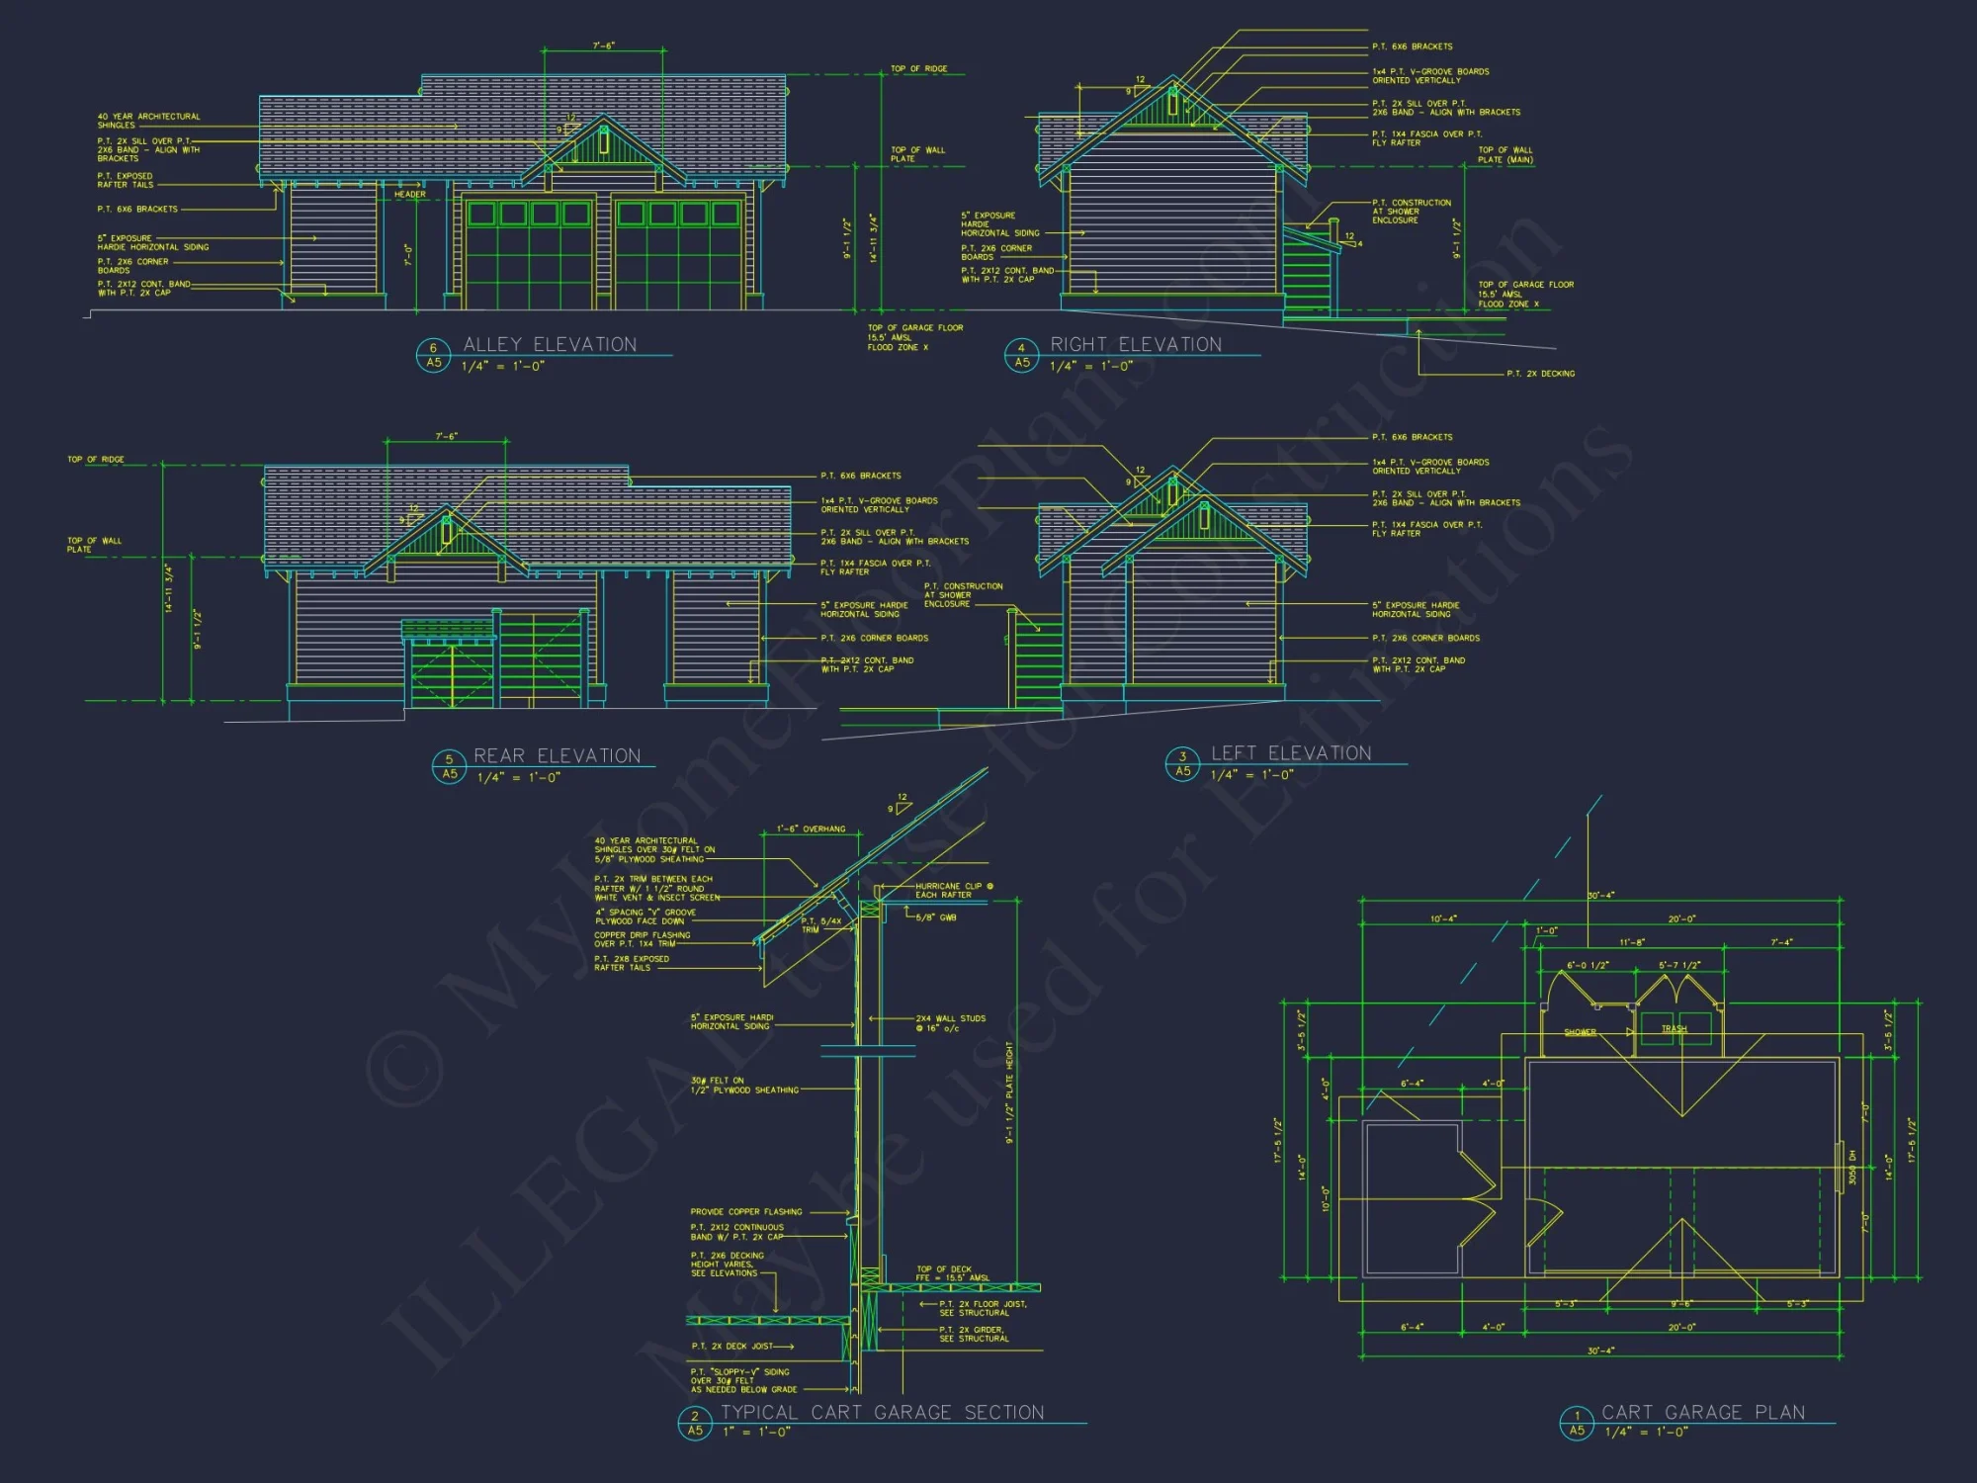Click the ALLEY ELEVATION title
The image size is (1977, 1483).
(550, 344)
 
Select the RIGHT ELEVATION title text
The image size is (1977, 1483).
(1136, 344)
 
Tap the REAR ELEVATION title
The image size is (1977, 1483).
(558, 755)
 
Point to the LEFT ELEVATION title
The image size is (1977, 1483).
(1291, 753)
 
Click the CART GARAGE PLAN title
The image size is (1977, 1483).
(1703, 1412)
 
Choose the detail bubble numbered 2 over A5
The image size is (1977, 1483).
(695, 1423)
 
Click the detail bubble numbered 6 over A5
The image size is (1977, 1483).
(433, 355)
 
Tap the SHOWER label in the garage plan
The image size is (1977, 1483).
(1580, 1032)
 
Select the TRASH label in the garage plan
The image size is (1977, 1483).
(1674, 1029)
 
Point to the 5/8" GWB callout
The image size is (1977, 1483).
(935, 917)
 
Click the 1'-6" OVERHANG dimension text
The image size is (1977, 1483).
(811, 829)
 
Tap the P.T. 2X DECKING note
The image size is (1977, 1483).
(1540, 374)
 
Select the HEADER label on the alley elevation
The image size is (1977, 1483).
(410, 195)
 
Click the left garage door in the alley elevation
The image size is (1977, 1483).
(529, 255)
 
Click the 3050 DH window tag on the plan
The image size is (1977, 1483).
(1851, 1168)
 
